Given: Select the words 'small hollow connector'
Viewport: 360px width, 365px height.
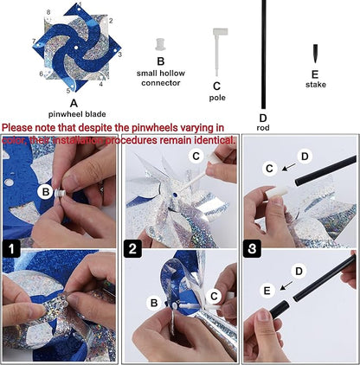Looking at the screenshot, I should pyautogui.click(x=159, y=78).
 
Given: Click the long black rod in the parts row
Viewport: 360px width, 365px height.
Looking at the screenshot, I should pyautogui.click(x=262, y=52).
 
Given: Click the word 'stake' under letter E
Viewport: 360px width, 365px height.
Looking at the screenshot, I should pyautogui.click(x=316, y=85).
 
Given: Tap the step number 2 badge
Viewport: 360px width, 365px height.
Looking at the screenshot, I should pyautogui.click(x=132, y=249).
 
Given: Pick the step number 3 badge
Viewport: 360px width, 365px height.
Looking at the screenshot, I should pyautogui.click(x=250, y=249).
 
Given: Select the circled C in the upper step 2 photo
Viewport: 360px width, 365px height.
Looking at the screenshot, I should pyautogui.click(x=197, y=157).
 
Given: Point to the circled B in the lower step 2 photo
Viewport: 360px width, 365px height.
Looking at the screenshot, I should pyautogui.click(x=153, y=303).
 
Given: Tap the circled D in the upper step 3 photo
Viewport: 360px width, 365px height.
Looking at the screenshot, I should pyautogui.click(x=303, y=156).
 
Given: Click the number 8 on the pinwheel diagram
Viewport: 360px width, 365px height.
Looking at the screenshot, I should pyautogui.click(x=48, y=12).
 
